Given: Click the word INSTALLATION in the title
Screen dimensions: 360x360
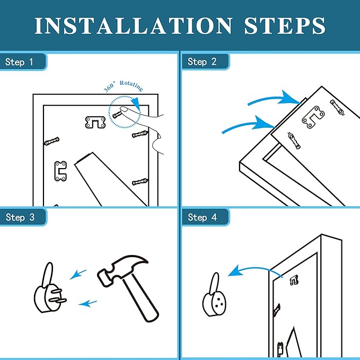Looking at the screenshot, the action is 134,25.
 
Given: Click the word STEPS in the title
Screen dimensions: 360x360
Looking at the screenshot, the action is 285,25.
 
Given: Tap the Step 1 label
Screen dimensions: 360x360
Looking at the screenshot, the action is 19,62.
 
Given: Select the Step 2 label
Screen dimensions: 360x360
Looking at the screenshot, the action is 202,62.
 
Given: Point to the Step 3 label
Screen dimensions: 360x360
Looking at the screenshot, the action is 20,217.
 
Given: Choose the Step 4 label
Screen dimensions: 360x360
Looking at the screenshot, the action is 203,217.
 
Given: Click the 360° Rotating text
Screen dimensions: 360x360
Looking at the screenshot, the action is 124,86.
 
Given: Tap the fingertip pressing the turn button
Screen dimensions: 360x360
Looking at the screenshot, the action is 124,109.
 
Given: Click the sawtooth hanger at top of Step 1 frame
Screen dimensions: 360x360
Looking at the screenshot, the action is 95,122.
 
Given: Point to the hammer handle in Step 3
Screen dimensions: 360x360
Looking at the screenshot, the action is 140,298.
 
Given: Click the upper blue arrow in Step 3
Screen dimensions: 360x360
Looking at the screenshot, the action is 78,275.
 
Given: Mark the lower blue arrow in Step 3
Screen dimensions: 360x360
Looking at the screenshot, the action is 87,303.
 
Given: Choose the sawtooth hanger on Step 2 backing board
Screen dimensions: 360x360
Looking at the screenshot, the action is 313,117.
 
